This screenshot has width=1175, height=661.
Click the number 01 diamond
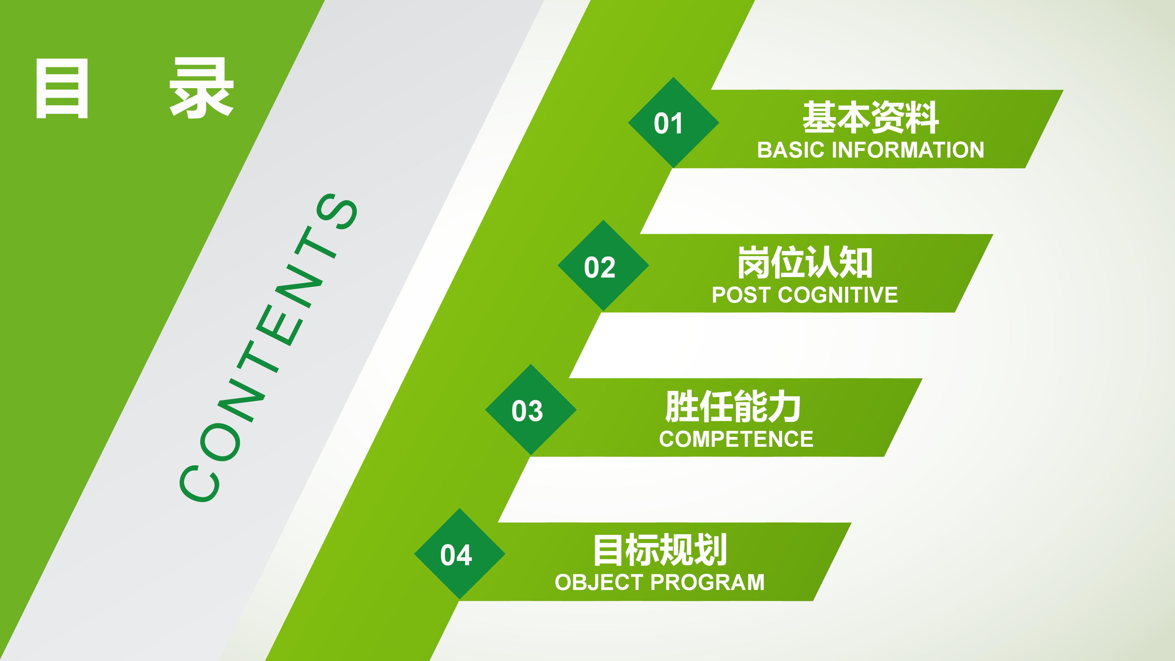(673, 122)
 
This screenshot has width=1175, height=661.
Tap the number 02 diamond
(603, 266)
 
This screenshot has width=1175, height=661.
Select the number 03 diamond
(531, 410)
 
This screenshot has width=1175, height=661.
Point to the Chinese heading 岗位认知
(805, 262)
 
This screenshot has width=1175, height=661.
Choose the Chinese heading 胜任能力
(733, 406)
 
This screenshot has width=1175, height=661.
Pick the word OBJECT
(599, 583)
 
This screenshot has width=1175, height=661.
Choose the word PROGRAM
(707, 583)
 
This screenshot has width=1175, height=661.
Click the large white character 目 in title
(62, 88)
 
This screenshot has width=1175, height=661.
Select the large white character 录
(201, 88)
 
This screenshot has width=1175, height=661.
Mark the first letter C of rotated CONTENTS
(199, 484)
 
